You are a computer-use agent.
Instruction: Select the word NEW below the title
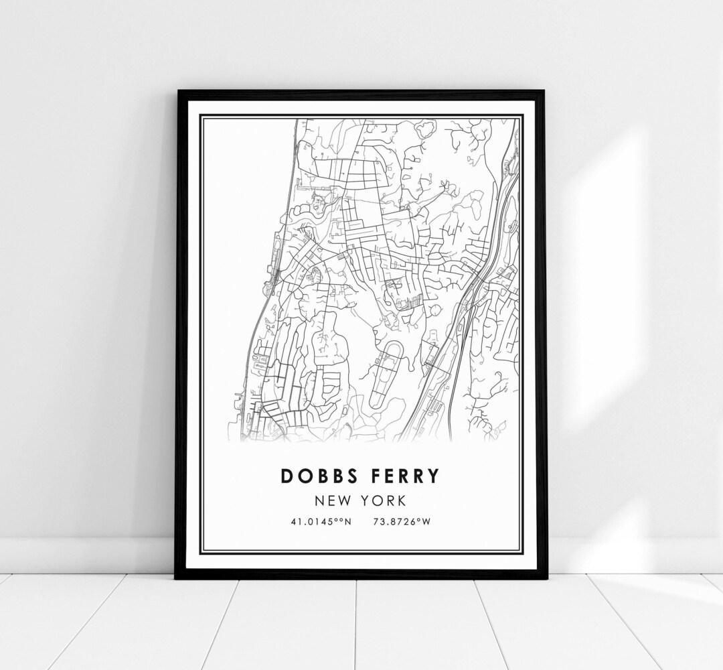point(333,500)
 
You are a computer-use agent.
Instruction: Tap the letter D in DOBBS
point(287,476)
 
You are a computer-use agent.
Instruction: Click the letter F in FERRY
point(371,476)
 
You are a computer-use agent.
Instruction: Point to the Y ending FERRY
point(433,476)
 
